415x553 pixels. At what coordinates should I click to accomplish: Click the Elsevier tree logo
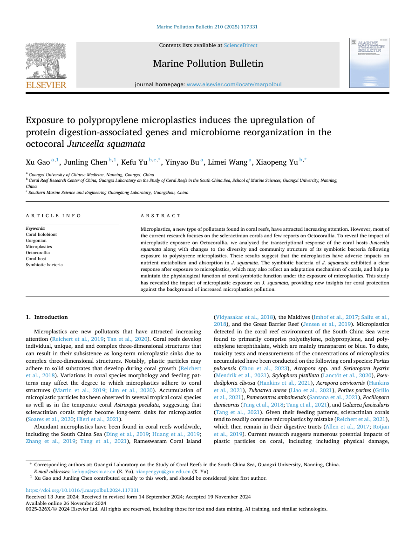coord(46,61)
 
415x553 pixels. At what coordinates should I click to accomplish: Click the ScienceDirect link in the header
coord(240,45)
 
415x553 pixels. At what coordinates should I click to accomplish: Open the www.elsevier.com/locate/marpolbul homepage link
coord(234,84)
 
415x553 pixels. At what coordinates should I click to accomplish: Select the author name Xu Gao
coord(37,162)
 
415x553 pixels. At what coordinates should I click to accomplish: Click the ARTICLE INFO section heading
coord(54,216)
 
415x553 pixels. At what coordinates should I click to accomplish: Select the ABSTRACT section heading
coord(161,216)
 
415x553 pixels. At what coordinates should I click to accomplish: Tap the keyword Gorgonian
coord(36,241)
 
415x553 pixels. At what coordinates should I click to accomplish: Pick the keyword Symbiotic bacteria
coord(44,265)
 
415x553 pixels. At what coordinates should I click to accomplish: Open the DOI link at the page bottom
coord(82,490)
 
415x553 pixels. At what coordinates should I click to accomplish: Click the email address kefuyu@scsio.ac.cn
coord(94,472)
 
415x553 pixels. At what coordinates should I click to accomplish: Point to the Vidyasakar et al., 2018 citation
coord(244,317)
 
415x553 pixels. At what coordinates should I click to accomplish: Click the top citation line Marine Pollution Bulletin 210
coord(207,27)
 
